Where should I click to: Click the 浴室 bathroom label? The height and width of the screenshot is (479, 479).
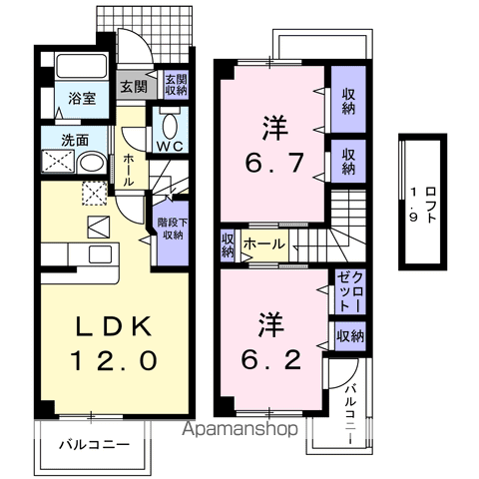click(81, 100)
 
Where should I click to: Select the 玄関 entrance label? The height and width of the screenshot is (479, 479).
click(133, 86)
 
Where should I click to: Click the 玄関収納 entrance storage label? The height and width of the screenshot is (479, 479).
click(176, 86)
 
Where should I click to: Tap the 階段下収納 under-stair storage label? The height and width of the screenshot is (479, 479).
click(170, 230)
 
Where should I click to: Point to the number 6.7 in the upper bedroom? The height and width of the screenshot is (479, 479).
click(275, 160)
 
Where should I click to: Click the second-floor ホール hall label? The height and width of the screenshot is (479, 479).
click(263, 243)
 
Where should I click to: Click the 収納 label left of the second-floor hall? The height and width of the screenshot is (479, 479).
click(228, 244)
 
